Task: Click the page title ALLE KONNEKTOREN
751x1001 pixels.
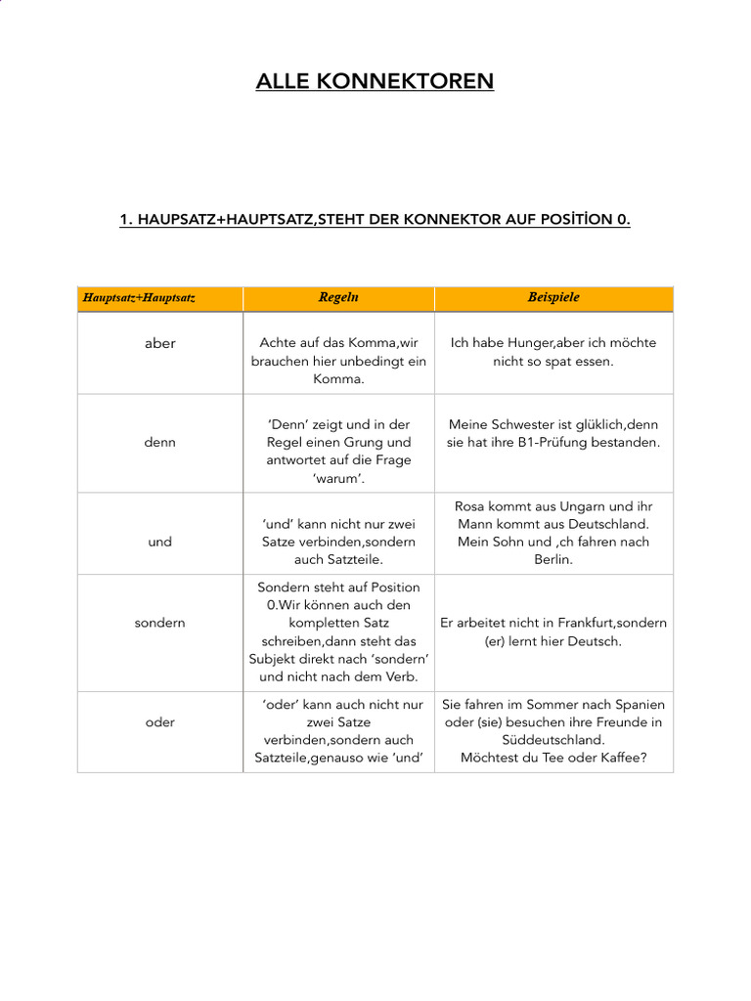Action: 375,81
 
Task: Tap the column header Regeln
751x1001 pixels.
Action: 338,297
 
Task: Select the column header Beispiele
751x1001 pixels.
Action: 553,297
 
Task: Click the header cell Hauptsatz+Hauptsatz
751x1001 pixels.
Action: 139,297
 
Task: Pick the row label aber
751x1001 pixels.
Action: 159,344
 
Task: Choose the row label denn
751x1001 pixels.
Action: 159,442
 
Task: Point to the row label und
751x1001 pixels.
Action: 159,542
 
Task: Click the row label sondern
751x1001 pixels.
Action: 159,623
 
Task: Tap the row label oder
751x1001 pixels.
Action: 159,722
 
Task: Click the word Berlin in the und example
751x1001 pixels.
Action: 553,560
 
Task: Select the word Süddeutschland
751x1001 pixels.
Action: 553,740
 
